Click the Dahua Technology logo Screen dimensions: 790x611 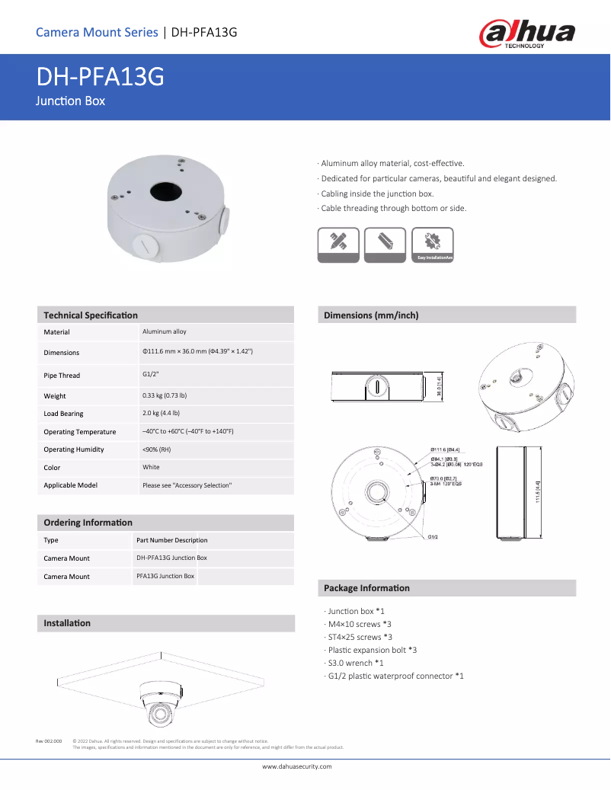[527, 34]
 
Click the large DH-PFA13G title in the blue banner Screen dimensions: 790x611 [100, 78]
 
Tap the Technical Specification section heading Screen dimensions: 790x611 [91, 315]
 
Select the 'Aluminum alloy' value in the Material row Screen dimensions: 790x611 [164, 331]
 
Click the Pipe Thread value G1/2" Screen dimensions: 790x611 [150, 374]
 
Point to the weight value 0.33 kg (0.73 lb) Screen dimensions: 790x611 [164, 395]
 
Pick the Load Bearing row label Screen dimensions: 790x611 [63, 414]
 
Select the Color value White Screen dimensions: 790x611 [151, 467]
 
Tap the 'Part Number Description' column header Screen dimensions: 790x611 [171, 540]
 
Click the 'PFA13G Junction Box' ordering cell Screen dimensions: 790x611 [165, 576]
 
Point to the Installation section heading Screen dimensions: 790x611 [67, 623]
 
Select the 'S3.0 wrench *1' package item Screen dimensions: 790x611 [355, 663]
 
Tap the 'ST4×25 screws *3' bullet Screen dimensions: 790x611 [360, 637]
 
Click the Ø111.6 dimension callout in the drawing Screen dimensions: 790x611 [444, 449]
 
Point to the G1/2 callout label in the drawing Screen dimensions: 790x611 [432, 537]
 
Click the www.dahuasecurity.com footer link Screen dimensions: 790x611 [297, 766]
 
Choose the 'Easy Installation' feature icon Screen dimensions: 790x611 [432, 245]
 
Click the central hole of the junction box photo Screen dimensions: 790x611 [164, 190]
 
